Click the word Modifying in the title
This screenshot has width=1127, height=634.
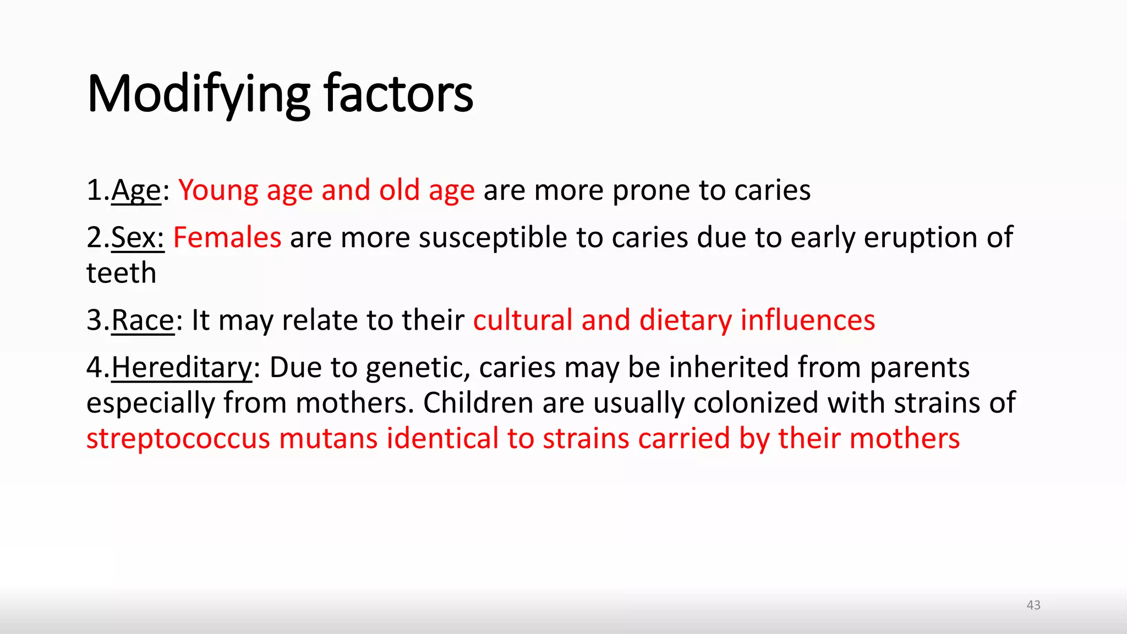tap(198, 95)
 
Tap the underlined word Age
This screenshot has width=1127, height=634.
tap(136, 191)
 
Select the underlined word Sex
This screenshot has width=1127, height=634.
tap(137, 238)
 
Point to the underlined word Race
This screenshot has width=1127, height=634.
tap(143, 320)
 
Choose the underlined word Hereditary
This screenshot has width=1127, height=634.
tap(182, 368)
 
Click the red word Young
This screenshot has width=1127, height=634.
tap(218, 191)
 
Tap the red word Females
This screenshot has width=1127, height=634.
tap(227, 238)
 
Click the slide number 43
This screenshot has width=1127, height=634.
tap(1033, 605)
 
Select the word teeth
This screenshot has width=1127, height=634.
tap(122, 273)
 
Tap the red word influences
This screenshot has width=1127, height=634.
tap(808, 320)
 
